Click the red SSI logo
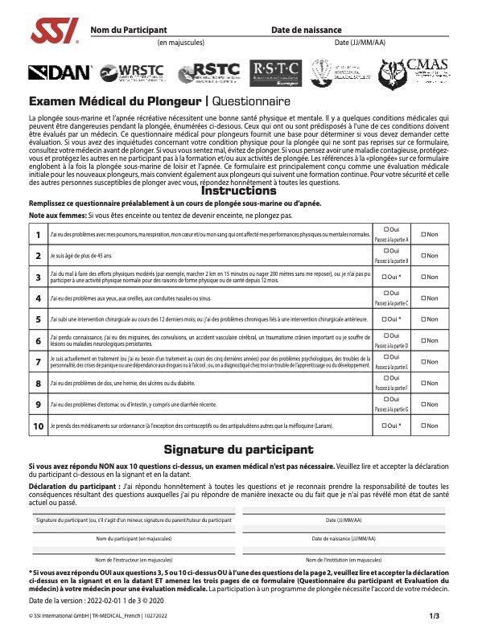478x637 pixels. pyautogui.click(x=54, y=32)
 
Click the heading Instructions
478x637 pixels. pyautogui.click(x=238, y=191)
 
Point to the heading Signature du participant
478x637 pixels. pyautogui.click(x=238, y=449)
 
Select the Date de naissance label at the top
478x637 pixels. pyautogui.click(x=307, y=29)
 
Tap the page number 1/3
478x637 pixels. pyautogui.click(x=435, y=616)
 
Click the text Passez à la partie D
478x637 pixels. pyautogui.click(x=392, y=344)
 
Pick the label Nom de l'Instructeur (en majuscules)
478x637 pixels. pyautogui.click(x=134, y=559)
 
